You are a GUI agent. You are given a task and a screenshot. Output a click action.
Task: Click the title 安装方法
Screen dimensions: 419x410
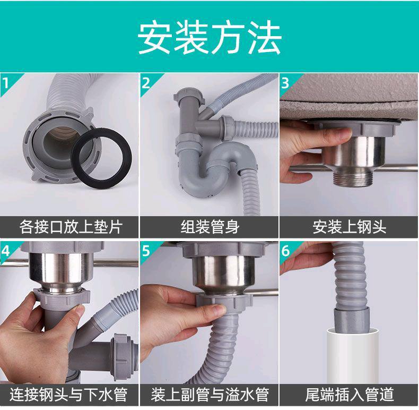[209, 37]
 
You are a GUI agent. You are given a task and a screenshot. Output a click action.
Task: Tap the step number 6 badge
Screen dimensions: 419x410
[286, 251]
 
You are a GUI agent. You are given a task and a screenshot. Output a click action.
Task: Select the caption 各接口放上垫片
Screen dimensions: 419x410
[71, 227]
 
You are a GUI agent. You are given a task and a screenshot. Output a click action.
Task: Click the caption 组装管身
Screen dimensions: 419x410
[210, 227]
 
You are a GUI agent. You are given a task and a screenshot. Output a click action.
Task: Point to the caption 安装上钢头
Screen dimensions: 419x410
[350, 227]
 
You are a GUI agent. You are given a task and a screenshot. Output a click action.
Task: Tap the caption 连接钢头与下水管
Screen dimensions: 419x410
[68, 395]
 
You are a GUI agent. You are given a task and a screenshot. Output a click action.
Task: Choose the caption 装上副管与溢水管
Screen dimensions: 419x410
[210, 395]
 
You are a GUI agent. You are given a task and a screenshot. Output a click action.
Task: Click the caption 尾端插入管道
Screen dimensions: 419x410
[350, 395]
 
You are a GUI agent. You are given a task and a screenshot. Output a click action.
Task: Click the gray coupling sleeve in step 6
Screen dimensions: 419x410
[352, 320]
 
